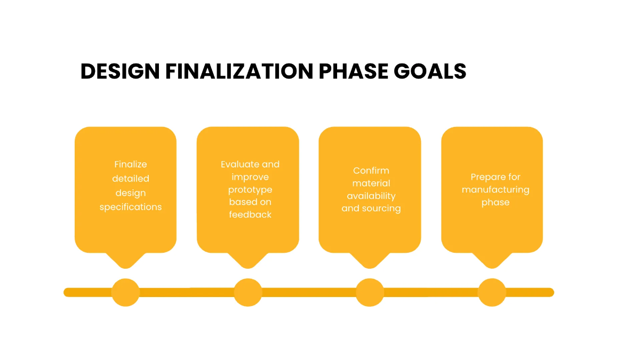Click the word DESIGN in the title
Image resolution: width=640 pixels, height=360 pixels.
click(121, 71)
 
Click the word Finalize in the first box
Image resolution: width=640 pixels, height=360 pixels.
click(131, 164)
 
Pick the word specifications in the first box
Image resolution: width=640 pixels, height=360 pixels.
click(131, 207)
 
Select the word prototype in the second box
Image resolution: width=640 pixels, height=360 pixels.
click(250, 189)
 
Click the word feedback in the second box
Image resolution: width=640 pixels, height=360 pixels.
click(250, 214)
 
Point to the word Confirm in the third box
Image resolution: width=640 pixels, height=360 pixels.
click(371, 171)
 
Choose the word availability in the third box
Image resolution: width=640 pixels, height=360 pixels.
click(371, 196)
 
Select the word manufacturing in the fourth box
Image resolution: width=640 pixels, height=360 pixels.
click(495, 189)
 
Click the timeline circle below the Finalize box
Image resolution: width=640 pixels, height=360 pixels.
click(126, 292)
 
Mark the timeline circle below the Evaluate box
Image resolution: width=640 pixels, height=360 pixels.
click(248, 292)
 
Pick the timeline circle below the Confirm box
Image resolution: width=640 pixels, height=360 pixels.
click(370, 292)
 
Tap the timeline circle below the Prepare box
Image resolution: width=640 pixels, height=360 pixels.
click(492, 292)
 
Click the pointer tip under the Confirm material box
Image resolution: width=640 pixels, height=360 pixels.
click(370, 265)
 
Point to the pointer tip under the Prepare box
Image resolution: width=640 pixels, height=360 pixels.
click(492, 265)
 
